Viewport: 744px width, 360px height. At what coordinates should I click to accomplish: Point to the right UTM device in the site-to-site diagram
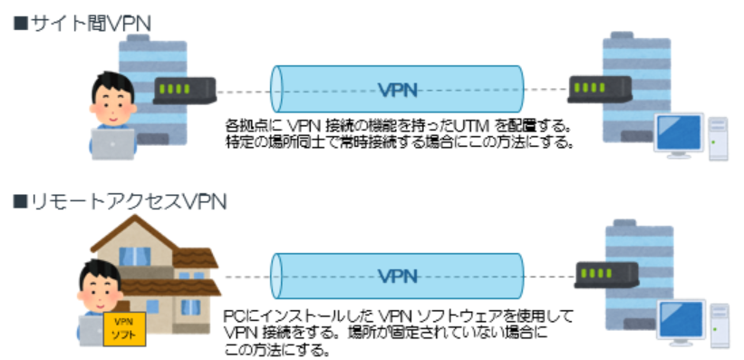pos(599,89)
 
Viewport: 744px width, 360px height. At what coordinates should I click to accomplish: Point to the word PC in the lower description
pos(233,316)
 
